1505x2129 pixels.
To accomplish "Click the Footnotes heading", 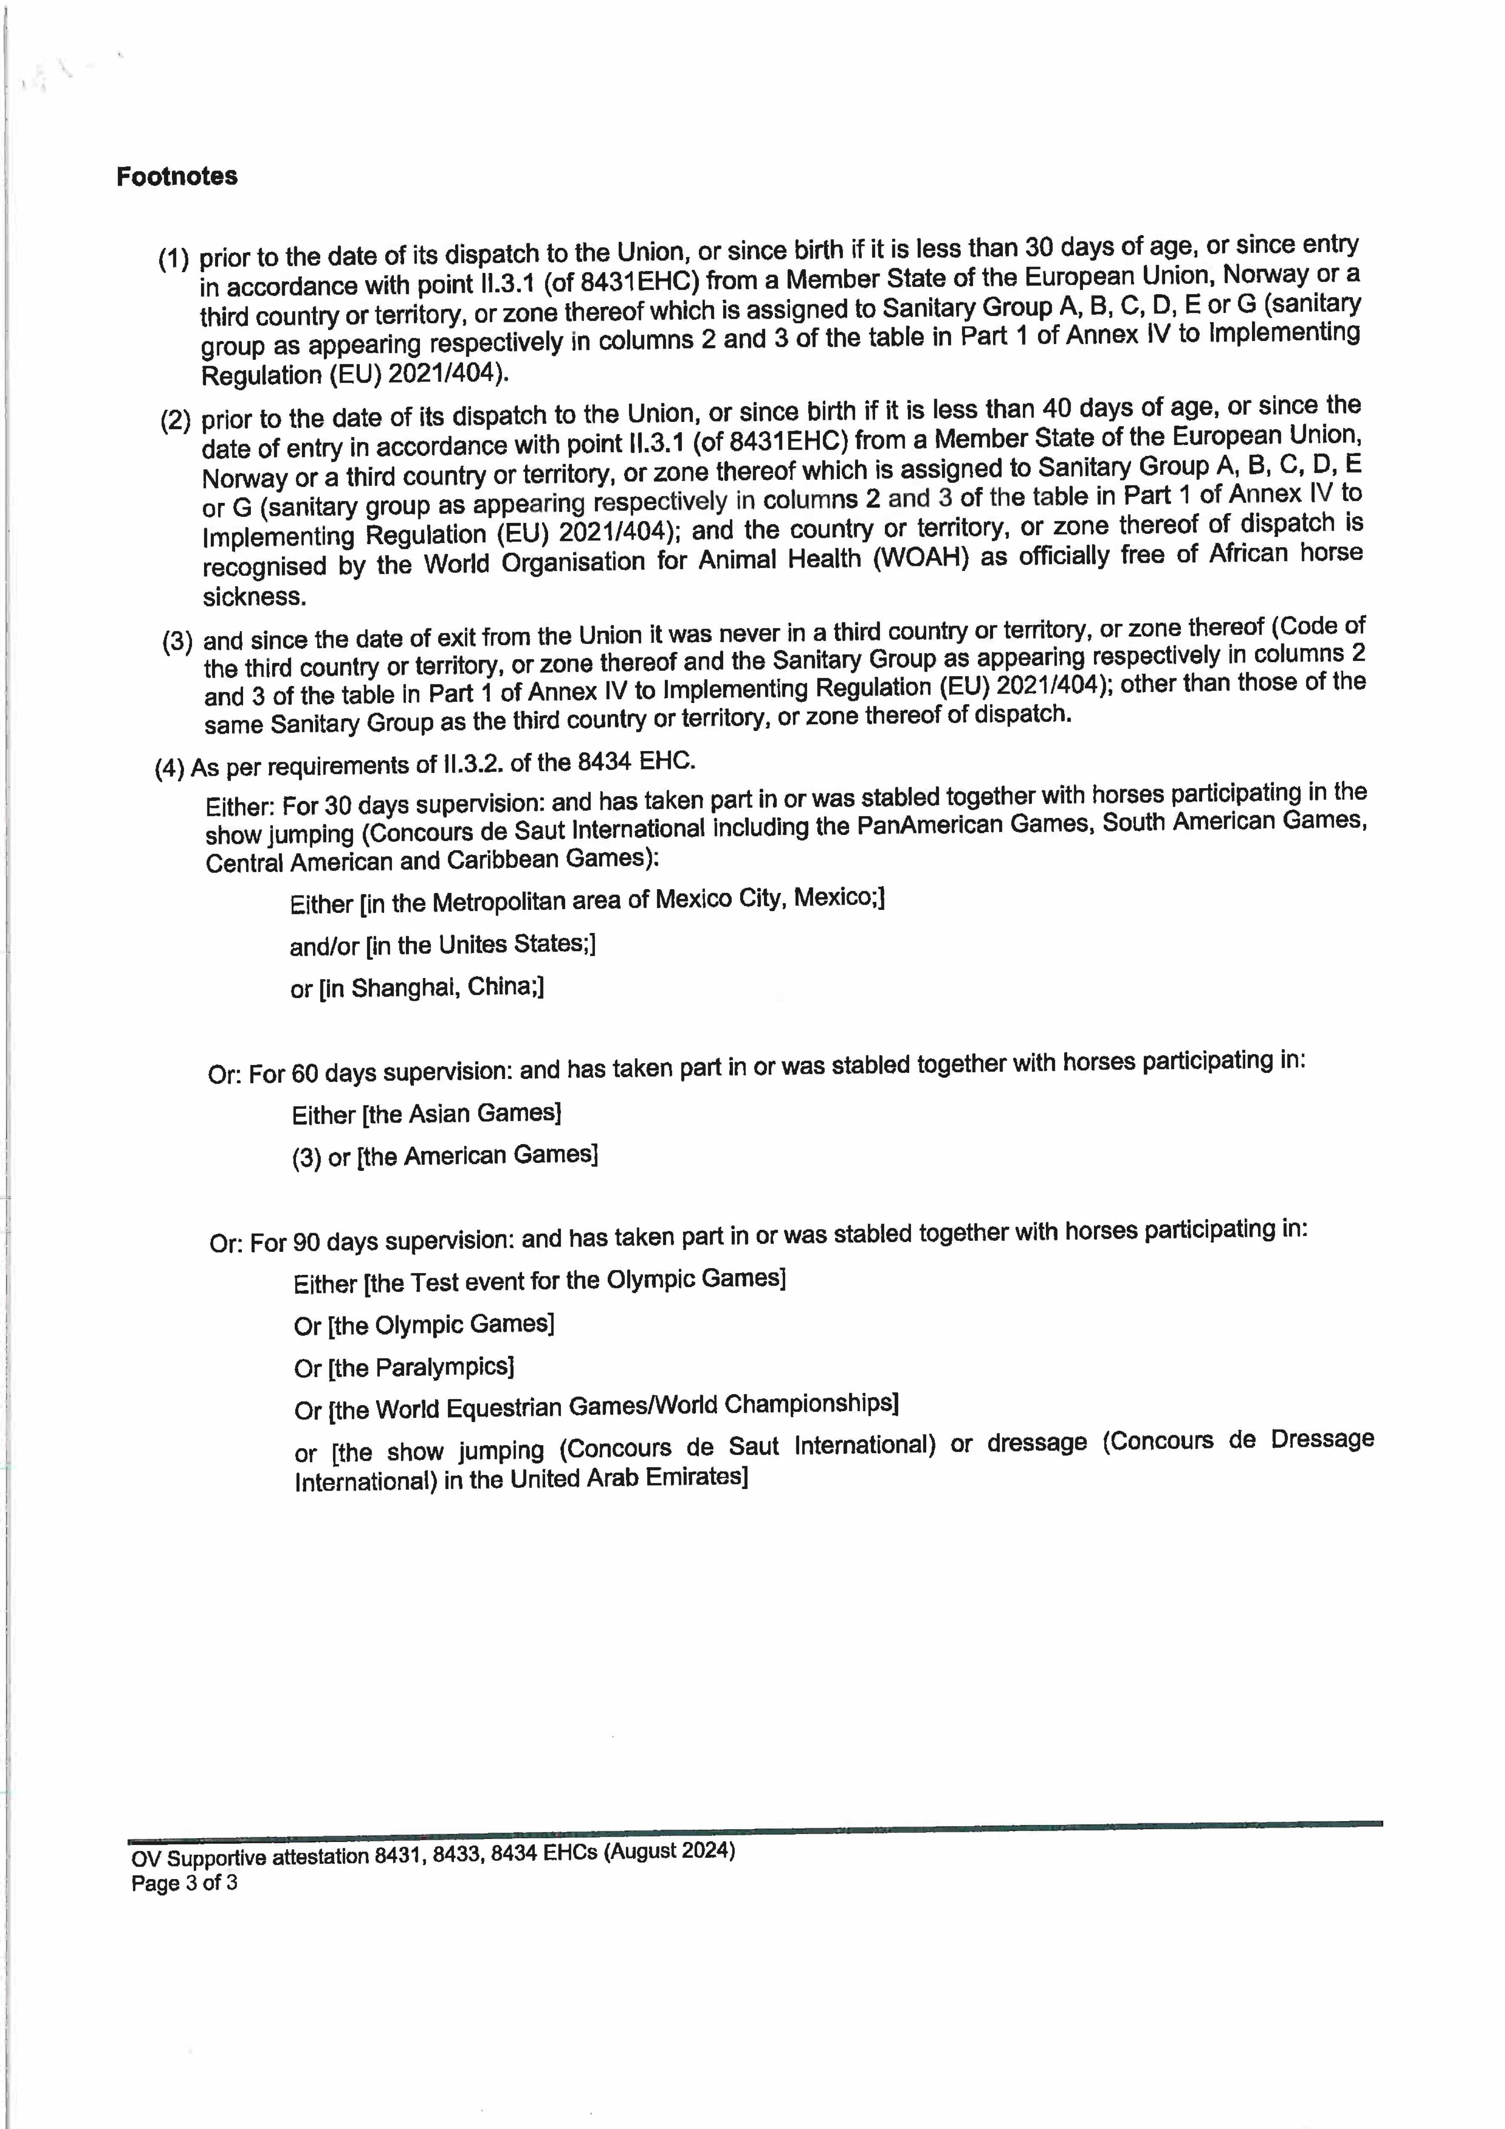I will point(176,176).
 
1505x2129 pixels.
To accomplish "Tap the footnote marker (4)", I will point(169,769).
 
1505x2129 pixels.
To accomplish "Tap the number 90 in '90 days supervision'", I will point(306,1242).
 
